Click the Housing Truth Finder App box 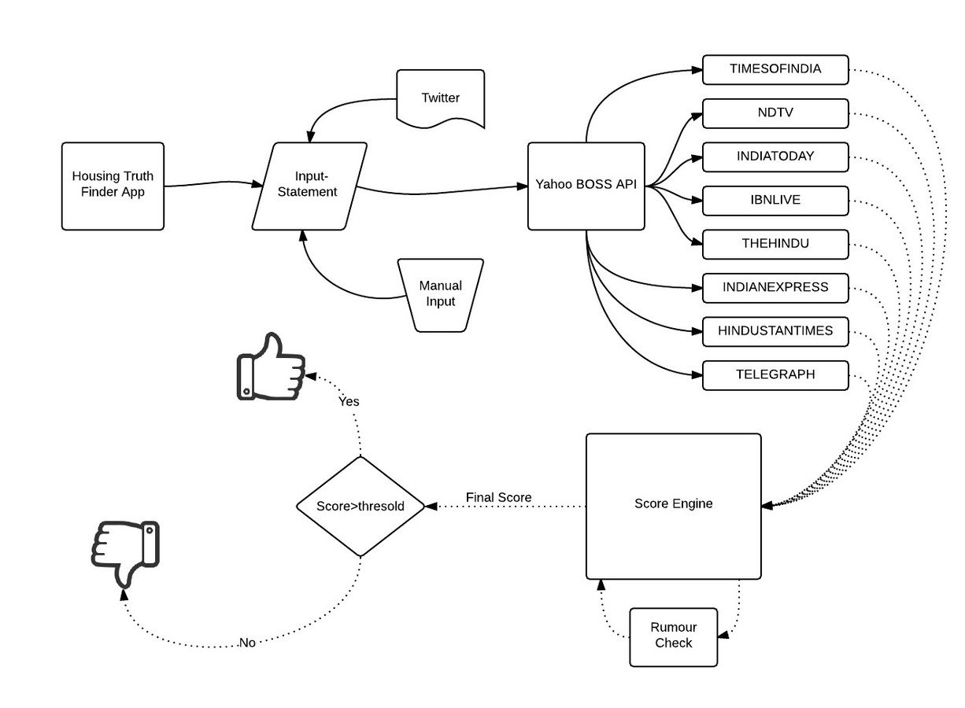113,186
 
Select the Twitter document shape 440,98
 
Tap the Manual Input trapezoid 440,294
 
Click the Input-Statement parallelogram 310,186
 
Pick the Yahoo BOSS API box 586,186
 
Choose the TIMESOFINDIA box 775,69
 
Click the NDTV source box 775,112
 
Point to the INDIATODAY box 775,157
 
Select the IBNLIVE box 775,200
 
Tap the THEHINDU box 775,244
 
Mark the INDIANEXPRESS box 775,288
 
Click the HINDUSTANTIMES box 775,331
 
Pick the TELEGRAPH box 775,375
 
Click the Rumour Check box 673,636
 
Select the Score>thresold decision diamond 360,506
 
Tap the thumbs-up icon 271,367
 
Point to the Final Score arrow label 498,497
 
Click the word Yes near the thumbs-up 349,401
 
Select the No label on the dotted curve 247,643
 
